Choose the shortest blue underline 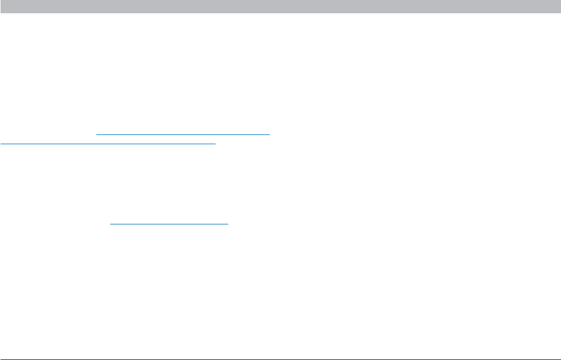pyautogui.click(x=170, y=223)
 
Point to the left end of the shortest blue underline pyautogui.click(x=110, y=223)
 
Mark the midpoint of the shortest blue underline pyautogui.click(x=170, y=223)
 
